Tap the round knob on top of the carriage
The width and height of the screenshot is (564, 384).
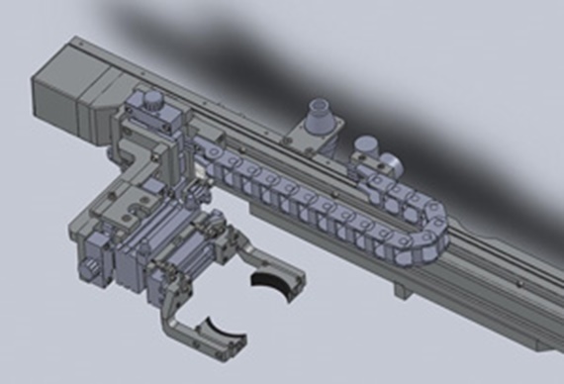pos(152,101)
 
